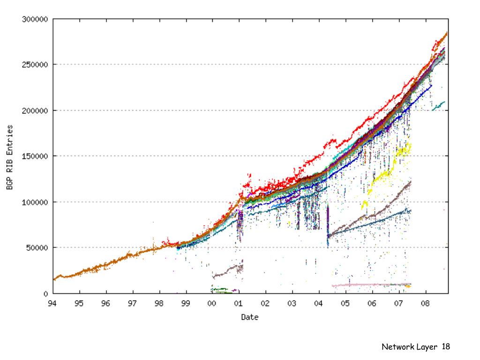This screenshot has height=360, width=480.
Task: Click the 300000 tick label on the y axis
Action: click(x=35, y=20)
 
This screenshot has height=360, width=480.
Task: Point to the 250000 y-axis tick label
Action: click(x=35, y=65)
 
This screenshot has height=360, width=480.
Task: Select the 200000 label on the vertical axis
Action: click(x=35, y=111)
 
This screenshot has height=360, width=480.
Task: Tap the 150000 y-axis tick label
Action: click(x=35, y=156)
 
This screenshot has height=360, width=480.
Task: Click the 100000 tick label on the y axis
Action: click(x=35, y=202)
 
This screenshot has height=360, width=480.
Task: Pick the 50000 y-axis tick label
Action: click(x=37, y=247)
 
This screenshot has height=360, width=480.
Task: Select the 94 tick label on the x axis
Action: click(x=52, y=303)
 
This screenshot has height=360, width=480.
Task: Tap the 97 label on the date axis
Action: click(x=132, y=303)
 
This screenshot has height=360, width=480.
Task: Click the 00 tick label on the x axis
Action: click(x=212, y=303)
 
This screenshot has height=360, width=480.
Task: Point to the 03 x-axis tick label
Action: click(x=292, y=303)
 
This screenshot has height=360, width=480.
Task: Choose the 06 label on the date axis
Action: click(x=372, y=303)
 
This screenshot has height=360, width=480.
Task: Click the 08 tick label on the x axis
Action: click(x=425, y=303)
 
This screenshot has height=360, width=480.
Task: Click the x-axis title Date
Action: click(x=250, y=317)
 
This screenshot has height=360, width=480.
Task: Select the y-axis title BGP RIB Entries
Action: click(x=9, y=157)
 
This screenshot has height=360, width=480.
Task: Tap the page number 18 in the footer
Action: click(x=445, y=347)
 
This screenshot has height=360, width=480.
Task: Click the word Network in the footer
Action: click(x=397, y=347)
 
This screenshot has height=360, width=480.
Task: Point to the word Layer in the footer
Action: click(x=427, y=347)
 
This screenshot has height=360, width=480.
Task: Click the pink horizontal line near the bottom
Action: click(x=370, y=285)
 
